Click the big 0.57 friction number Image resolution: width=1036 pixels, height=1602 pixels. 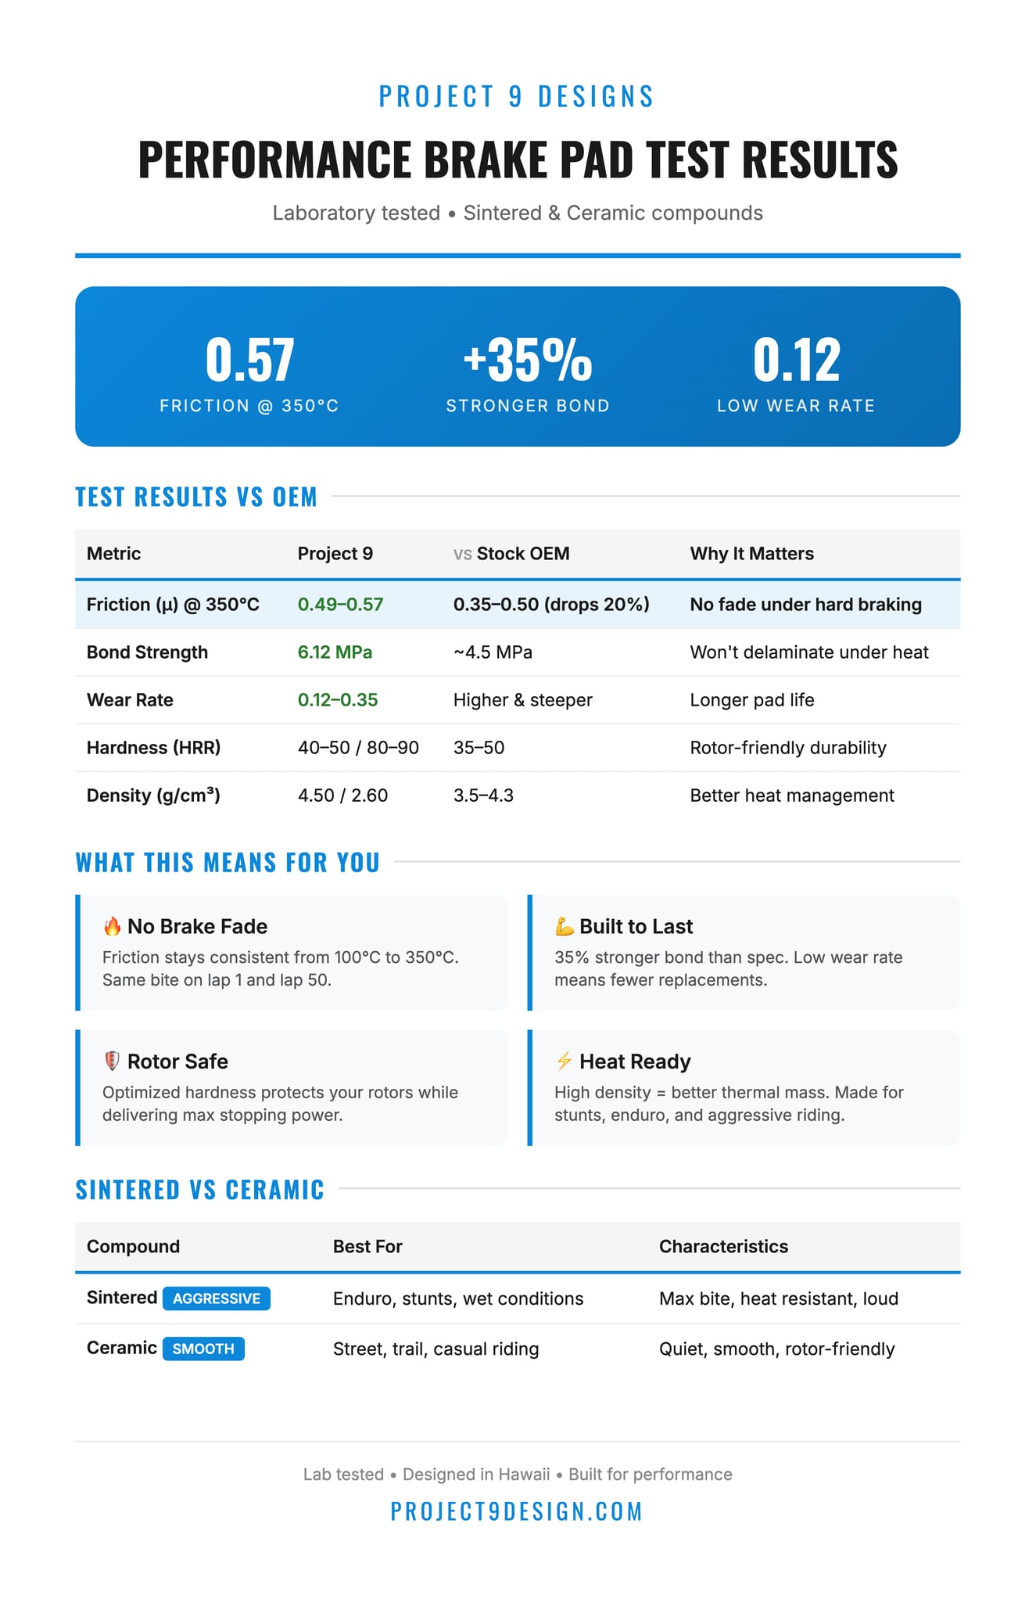tap(249, 361)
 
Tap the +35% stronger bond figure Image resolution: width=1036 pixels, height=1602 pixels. tap(528, 361)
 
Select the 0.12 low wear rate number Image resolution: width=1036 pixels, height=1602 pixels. tap(796, 361)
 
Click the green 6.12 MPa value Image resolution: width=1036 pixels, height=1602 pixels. tap(335, 652)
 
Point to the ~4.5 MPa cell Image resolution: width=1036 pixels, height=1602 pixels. tap(493, 652)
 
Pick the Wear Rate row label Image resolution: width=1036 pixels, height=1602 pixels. tap(130, 700)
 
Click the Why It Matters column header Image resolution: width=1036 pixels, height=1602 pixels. tap(751, 554)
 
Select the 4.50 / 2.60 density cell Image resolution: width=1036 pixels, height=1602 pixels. tap(342, 796)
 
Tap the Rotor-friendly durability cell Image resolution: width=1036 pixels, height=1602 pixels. tap(787, 748)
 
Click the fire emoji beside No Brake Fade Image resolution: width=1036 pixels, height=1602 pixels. tap(112, 927)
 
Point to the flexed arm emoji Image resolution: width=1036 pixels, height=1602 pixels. tap(564, 927)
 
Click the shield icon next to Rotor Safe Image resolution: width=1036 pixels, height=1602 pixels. tap(112, 1061)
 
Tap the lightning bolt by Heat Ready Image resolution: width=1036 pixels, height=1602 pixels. tap(564, 1061)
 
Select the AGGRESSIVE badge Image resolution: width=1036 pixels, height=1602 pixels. tap(217, 1298)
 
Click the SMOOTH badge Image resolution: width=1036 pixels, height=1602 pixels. tap(203, 1349)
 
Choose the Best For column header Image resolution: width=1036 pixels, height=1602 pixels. tap(367, 1247)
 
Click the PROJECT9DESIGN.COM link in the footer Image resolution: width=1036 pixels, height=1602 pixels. tap(517, 1511)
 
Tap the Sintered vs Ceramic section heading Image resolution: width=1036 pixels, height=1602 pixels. tap(199, 1190)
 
